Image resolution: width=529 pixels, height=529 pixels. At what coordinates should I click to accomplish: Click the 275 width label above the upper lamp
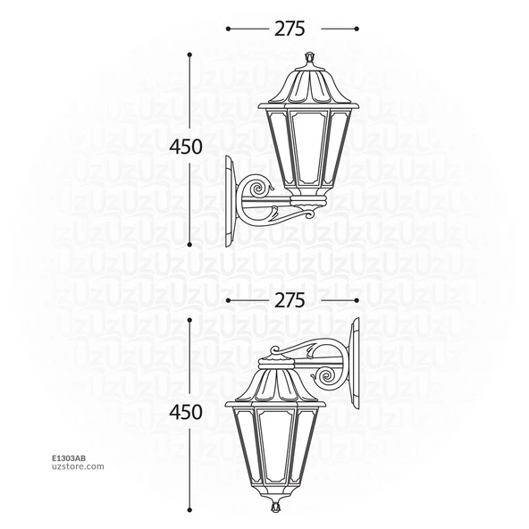click(290, 29)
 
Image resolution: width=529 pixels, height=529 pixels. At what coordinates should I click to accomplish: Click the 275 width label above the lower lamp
click(290, 300)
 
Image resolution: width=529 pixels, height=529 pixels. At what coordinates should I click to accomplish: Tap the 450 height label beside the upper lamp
click(186, 147)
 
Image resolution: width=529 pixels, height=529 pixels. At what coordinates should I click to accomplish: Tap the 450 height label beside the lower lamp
click(186, 412)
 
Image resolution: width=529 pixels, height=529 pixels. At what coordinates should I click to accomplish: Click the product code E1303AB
click(69, 458)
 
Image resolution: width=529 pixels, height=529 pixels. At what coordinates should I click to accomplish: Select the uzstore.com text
click(78, 466)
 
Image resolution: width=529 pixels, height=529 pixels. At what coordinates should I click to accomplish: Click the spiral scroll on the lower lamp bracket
click(326, 377)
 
